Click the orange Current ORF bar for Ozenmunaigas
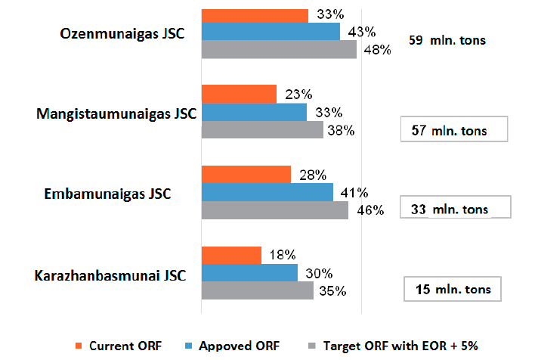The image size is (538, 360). coord(255,15)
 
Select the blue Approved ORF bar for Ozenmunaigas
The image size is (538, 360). coord(271,32)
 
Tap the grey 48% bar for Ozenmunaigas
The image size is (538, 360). coord(279,49)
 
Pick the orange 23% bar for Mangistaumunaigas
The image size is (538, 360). coord(239,95)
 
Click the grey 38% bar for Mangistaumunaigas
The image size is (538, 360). coord(262,129)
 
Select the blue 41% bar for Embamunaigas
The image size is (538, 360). coord(267,192)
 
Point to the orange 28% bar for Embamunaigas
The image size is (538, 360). coord(246,175)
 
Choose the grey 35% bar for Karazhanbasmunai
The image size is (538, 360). coord(257,290)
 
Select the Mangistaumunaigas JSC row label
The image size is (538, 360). coord(116,114)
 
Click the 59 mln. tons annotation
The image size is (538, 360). coord(447,41)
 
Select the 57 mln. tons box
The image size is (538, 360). coord(455,130)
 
